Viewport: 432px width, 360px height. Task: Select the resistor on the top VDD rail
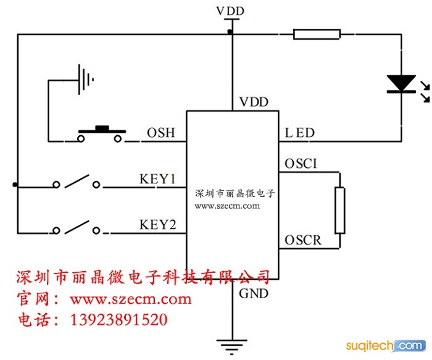click(317, 34)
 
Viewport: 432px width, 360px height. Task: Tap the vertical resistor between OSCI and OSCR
click(339, 211)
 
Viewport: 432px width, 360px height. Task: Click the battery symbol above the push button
click(86, 80)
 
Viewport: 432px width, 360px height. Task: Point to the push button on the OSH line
click(102, 134)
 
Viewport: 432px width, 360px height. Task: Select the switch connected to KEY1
click(77, 182)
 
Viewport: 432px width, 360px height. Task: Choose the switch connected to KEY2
click(77, 228)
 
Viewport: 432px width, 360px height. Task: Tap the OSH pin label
click(161, 133)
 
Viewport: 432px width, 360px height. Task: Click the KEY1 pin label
click(157, 179)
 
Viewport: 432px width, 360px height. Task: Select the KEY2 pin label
click(157, 225)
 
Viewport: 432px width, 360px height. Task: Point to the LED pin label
click(300, 133)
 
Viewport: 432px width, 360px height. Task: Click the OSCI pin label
click(301, 164)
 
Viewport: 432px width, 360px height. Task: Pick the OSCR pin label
click(303, 240)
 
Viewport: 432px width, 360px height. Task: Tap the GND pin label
click(254, 293)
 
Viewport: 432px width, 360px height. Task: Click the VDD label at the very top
click(230, 11)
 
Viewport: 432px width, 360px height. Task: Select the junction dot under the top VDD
click(230, 32)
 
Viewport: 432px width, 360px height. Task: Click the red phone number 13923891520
click(118, 320)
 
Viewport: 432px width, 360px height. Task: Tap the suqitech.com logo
click(386, 346)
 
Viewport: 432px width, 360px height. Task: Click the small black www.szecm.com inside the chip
click(227, 206)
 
